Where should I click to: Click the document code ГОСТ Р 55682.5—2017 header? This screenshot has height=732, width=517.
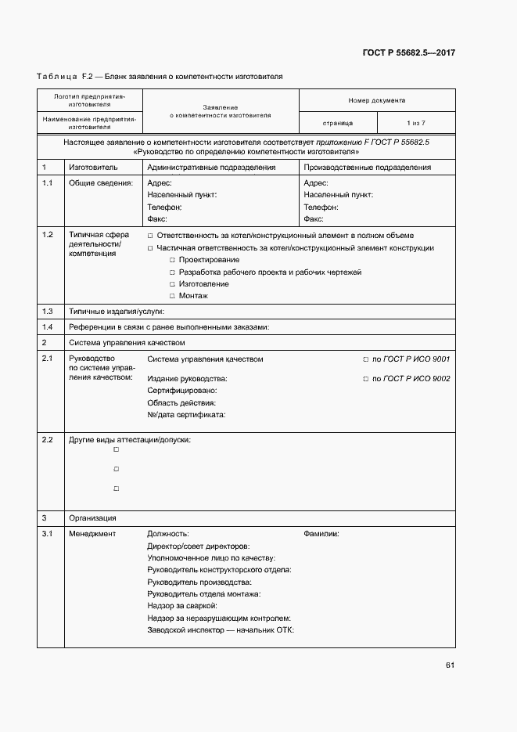coord(409,53)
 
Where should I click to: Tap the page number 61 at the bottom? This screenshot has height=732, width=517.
coord(450,665)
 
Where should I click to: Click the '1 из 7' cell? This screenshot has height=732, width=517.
coord(416,123)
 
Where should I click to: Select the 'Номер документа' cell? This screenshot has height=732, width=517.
coord(377,100)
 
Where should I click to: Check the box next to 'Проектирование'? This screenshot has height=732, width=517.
coord(172,260)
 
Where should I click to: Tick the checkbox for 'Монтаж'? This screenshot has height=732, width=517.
coord(172,296)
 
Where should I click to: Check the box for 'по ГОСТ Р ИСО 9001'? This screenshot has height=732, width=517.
coord(365,359)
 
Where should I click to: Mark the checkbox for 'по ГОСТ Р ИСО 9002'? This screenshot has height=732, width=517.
coord(365,379)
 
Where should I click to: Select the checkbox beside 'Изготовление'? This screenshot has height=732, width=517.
coord(172,284)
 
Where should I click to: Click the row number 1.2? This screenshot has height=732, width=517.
coord(47,235)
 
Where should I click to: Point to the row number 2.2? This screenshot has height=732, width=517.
coord(47,439)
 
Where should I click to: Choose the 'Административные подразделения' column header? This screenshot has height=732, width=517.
coord(211,168)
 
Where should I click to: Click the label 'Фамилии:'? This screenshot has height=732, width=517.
coord(321,533)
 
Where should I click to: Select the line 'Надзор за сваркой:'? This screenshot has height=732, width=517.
coord(181,606)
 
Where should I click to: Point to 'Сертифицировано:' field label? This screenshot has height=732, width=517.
coord(181,390)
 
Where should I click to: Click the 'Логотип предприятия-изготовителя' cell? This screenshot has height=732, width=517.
coord(89,99)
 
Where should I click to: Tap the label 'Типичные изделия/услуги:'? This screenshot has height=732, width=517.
coord(111,311)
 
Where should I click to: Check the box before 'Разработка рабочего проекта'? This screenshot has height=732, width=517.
coord(172,272)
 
